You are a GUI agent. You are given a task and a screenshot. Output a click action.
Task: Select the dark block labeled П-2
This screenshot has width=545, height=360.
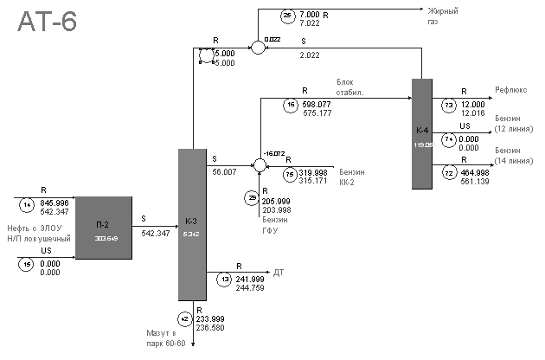point(104,227)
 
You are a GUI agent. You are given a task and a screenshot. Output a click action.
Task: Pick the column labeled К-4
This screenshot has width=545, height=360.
point(421,132)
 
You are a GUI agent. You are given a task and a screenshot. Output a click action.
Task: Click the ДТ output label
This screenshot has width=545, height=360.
point(279,272)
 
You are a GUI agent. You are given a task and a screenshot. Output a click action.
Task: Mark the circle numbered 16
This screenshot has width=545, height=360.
point(291,106)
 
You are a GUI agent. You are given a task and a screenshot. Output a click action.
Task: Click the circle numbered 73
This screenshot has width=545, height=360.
point(449,106)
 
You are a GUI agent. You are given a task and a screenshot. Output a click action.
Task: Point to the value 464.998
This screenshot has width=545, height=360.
point(475,173)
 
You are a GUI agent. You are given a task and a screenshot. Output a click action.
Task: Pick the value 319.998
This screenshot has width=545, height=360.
point(313,171)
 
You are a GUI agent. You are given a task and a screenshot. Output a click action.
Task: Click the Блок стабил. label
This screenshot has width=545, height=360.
point(351,87)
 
